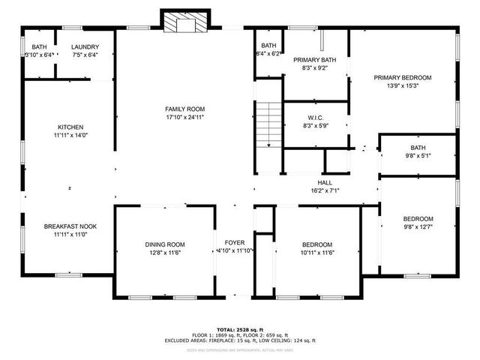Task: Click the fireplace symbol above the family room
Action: click(180, 22)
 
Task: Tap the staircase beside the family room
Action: click(268, 126)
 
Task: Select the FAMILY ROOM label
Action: click(184, 109)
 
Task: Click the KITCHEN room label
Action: click(70, 127)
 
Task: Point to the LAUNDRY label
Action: click(85, 46)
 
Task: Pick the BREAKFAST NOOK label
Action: click(70, 226)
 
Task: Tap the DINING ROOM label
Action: click(165, 244)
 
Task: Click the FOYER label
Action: click(235, 242)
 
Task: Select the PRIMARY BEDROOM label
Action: click(403, 77)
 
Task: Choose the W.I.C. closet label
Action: click(315, 117)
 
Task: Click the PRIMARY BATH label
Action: click(315, 60)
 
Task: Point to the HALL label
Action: click(325, 182)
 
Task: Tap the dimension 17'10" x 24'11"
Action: click(184, 117)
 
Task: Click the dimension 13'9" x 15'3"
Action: click(403, 85)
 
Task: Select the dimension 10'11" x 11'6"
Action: click(317, 253)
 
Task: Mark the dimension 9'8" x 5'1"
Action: click(418, 155)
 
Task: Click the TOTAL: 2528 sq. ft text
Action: click(239, 329)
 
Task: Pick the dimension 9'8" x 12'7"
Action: click(418, 226)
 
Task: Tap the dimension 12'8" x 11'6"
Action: click(165, 253)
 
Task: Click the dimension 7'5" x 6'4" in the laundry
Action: click(85, 55)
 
